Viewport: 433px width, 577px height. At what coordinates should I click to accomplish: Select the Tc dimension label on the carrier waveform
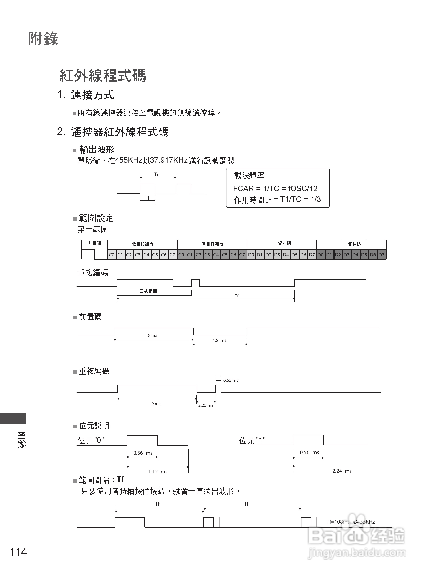156,174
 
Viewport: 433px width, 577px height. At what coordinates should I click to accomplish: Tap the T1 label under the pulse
147,198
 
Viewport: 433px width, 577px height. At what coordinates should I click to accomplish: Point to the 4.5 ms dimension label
219,340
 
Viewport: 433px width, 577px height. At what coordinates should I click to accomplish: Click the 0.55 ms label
231,380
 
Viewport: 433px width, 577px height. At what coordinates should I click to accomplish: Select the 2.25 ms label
206,405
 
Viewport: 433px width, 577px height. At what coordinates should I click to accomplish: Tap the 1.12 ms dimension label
158,472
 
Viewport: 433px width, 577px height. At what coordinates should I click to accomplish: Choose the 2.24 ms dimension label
342,471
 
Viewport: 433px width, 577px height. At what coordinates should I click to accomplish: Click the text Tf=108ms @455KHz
351,522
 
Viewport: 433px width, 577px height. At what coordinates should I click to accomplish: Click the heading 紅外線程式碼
102,76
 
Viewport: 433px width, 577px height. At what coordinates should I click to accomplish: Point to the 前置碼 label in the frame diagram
94,243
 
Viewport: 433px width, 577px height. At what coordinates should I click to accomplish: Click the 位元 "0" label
91,441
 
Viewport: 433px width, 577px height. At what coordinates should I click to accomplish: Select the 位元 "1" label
252,441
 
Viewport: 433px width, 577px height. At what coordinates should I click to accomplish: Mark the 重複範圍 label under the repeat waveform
148,291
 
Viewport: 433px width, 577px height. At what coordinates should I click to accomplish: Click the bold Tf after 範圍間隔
120,479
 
